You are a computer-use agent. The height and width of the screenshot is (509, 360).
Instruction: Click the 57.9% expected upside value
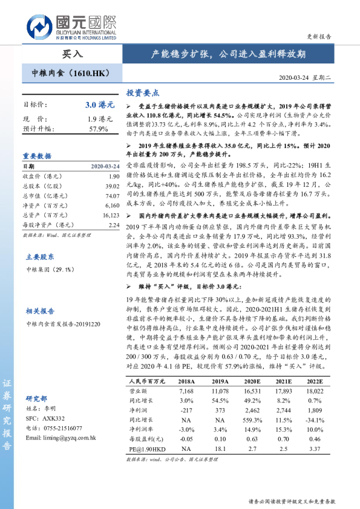(98, 129)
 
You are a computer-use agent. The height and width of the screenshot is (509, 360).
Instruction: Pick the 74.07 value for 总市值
(111, 196)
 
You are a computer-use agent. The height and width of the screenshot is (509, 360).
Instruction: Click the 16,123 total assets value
(110, 215)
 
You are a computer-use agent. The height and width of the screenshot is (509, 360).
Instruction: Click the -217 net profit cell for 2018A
(186, 410)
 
